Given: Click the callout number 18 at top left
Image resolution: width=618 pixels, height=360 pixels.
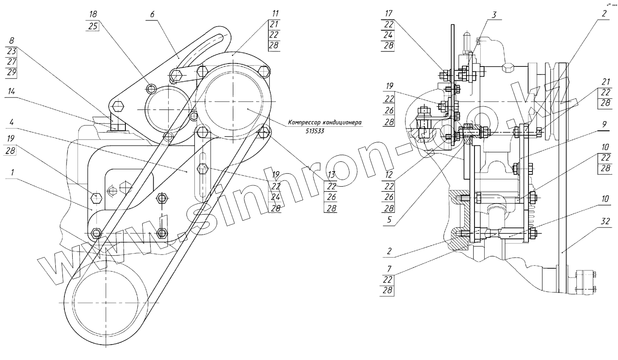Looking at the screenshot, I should [93, 15].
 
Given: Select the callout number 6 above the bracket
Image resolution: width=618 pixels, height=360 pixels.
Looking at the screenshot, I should [152, 15].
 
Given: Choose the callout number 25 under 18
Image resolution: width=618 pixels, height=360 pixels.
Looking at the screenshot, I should [93, 25].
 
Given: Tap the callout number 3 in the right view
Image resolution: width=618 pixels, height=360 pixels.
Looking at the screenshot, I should [493, 15].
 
